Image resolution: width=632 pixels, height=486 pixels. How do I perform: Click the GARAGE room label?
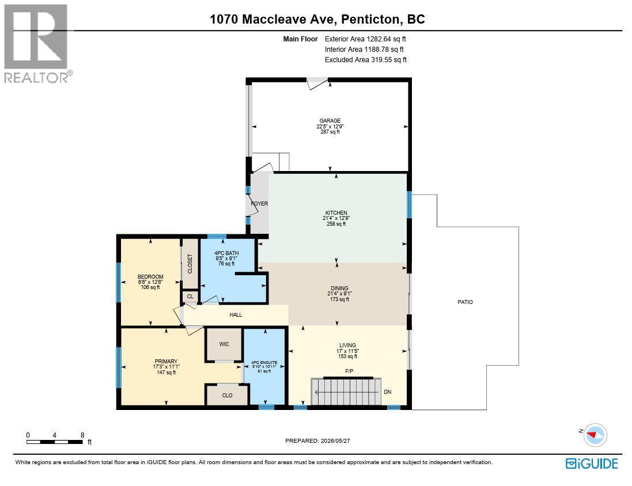(330, 120)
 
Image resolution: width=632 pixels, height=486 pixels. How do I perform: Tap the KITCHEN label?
(336, 213)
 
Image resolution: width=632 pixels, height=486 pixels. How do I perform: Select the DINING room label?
(339, 288)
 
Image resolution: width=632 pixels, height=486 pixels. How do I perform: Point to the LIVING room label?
(347, 345)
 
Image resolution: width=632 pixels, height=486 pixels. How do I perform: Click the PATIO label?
(465, 302)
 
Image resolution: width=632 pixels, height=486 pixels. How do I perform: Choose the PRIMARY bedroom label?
(166, 362)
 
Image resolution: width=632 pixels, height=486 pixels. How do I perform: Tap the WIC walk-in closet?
(224, 344)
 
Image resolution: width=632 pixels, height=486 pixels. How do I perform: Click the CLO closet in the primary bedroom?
(228, 395)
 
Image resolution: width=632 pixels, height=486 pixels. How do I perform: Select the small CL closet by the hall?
(190, 296)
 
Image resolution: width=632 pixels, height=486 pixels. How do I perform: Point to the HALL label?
(236, 315)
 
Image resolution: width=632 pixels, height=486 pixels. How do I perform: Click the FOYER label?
(259, 203)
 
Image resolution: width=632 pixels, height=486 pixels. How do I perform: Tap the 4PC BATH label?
(226, 253)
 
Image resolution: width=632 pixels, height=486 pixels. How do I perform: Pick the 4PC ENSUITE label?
(264, 362)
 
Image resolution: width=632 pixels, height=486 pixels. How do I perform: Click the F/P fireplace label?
(350, 371)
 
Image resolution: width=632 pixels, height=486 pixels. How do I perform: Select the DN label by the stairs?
(387, 392)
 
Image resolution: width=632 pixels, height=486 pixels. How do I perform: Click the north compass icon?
(596, 435)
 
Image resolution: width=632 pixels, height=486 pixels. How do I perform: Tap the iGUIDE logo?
(592, 464)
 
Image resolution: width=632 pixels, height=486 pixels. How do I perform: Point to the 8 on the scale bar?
(82, 435)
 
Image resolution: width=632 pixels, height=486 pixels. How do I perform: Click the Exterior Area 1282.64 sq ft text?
(365, 39)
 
